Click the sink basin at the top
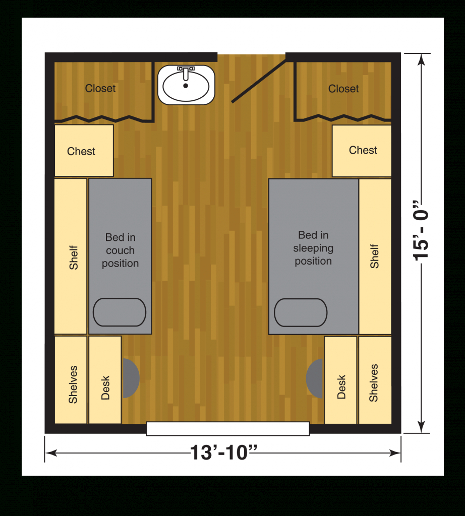pos(186,85)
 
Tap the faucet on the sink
pos(186,73)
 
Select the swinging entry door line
pos(259,81)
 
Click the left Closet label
pos(100,88)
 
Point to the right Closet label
pos(343,89)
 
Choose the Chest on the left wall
pos(84,150)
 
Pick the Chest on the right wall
pos(362,151)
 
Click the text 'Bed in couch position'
pos(120,250)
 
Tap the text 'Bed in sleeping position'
pos(313,248)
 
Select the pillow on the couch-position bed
pos(120,312)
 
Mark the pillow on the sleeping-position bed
pos(301,312)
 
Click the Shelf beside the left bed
pos(71,256)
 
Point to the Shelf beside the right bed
pos(375,256)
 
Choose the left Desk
pos(105,380)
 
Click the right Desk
pos(340,380)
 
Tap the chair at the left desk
pos(131,378)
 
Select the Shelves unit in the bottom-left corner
pos(71,380)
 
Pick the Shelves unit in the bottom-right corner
pos(375,380)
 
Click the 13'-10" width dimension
pos(223,453)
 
